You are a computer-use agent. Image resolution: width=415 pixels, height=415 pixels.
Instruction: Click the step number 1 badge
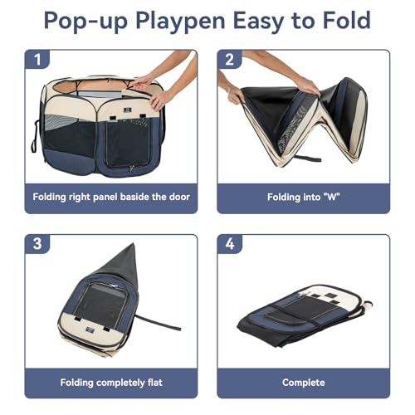click(x=36, y=61)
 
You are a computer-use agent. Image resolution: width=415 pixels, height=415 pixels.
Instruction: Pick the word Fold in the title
click(x=346, y=21)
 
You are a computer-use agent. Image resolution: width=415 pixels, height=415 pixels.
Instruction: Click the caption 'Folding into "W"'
click(x=304, y=198)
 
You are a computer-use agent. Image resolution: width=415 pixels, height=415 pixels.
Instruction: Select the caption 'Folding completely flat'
click(x=110, y=383)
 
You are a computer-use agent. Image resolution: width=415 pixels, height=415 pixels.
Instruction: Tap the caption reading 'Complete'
click(x=304, y=383)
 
